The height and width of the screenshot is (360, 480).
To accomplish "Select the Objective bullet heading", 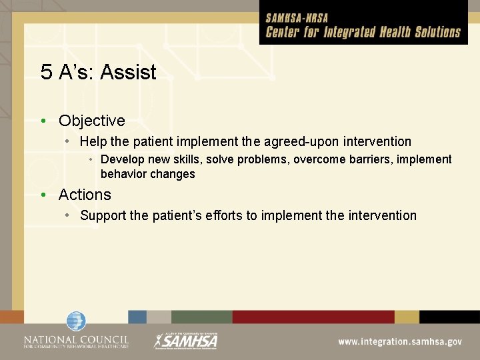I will pyautogui.click(x=91, y=121).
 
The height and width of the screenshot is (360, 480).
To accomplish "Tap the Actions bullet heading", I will pyautogui.click(x=85, y=195).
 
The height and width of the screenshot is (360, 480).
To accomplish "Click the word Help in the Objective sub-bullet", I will pyautogui.click(x=92, y=141).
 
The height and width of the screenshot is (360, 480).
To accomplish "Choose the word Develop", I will pyautogui.click(x=123, y=160).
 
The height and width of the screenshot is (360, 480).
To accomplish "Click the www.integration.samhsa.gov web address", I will pyautogui.click(x=399, y=341).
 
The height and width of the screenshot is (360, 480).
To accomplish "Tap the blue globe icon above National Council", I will pyautogui.click(x=76, y=321).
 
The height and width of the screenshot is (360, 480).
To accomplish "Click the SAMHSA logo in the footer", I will pyautogui.click(x=186, y=340).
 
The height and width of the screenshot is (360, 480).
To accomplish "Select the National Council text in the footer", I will pyautogui.click(x=76, y=341).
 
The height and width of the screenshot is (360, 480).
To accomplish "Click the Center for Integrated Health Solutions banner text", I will pyautogui.click(x=363, y=32).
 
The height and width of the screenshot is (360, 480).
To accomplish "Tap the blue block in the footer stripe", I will pyautogui.click(x=137, y=317).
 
